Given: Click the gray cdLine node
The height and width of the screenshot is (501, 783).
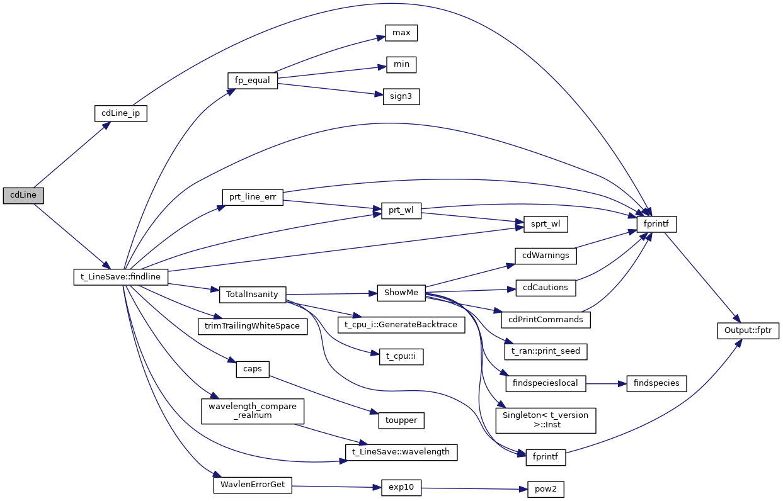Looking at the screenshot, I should click(23, 195).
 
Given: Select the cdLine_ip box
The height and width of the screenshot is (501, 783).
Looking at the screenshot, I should click(120, 113).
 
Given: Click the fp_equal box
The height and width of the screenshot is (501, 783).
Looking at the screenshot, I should click(252, 81).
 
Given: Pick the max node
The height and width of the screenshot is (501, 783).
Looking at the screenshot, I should click(401, 32).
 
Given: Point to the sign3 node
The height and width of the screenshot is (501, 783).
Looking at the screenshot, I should click(401, 97).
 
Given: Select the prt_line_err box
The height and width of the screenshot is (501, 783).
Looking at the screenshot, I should click(253, 196).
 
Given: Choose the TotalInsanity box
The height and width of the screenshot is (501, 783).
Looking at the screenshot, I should click(253, 294).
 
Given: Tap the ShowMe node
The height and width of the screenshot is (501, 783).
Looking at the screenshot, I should click(401, 293).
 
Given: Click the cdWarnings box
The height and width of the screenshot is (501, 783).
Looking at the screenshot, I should click(546, 256).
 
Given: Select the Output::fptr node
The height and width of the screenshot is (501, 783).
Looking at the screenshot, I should click(748, 330).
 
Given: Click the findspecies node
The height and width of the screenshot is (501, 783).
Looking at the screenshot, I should click(656, 383).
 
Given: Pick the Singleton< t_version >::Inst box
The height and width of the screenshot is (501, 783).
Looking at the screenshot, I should click(546, 420).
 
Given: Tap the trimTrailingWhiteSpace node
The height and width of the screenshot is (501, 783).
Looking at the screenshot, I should click(253, 326).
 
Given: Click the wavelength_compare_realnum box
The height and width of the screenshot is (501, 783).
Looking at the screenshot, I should click(253, 411).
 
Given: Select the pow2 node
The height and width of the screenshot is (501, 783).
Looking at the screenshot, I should click(546, 489).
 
